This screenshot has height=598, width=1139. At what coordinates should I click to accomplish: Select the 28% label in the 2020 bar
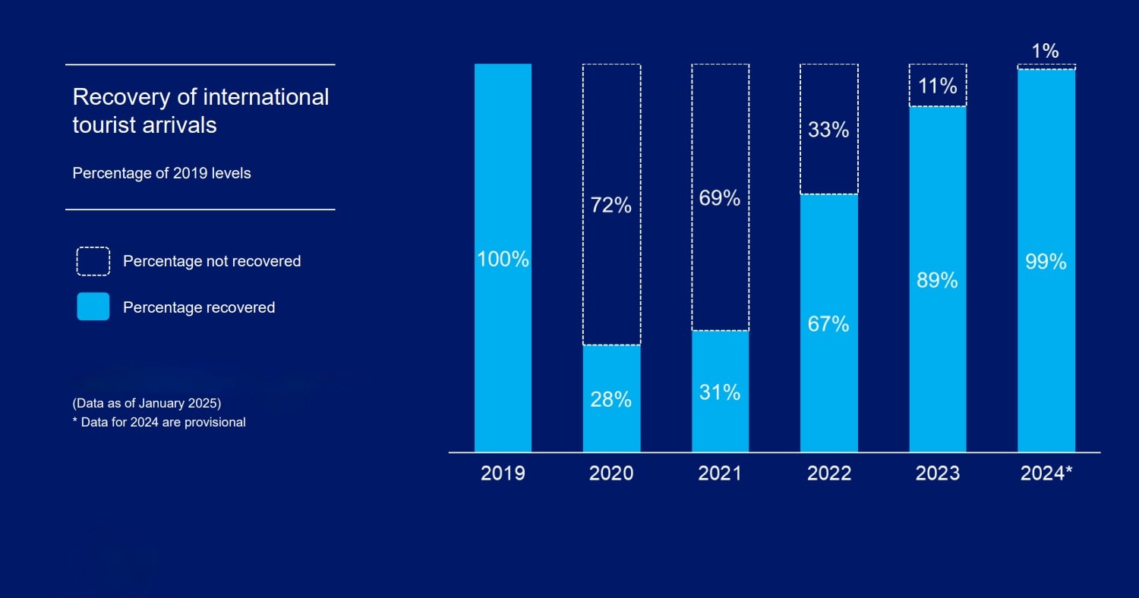pos(611,399)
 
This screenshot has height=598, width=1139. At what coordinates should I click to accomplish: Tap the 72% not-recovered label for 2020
pos(611,205)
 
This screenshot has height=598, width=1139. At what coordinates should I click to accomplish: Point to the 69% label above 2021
pos(720,198)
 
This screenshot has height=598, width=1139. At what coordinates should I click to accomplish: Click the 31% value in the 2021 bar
pos(720,392)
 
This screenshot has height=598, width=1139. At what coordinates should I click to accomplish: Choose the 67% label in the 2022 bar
pos(828,324)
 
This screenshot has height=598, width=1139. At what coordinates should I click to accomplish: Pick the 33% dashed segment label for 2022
pos(828,130)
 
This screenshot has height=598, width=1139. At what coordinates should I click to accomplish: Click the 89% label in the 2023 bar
pos(938,281)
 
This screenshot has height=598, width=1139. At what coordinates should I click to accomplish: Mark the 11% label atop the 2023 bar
pos(938,86)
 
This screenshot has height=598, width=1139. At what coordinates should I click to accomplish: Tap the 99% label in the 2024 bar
pos(1046,262)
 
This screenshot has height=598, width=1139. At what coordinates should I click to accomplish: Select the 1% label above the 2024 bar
pos(1046,51)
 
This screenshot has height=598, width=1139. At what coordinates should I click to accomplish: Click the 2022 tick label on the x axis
pos(829,474)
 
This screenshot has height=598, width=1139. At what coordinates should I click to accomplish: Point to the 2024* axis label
pos(1046,474)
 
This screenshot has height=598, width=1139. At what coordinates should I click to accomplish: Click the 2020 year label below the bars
pos(611,474)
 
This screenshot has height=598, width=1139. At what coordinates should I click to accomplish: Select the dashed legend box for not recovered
pos(93,261)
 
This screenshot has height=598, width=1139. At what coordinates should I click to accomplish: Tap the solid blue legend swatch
pos(93,307)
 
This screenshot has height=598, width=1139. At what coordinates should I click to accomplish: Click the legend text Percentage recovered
pos(199,307)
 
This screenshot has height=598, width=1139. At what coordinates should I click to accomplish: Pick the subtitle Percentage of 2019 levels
pos(162,173)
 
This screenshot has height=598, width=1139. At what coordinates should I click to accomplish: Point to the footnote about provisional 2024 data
pos(159,422)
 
